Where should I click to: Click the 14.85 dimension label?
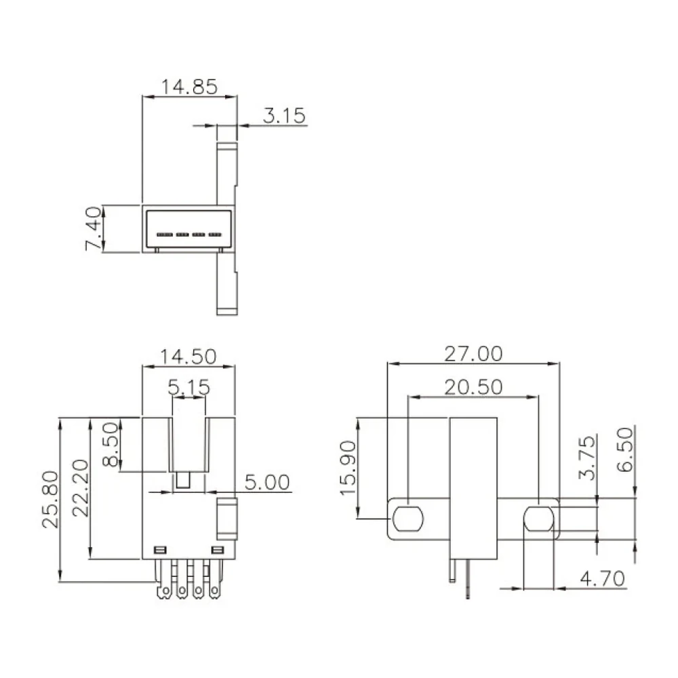189,87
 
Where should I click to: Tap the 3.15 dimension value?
284,116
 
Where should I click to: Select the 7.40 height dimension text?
94,228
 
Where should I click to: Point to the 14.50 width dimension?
188,357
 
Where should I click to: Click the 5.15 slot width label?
189,387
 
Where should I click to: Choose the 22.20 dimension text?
81,488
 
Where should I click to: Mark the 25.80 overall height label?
50,500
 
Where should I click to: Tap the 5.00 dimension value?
267,482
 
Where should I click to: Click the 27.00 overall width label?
473,354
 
